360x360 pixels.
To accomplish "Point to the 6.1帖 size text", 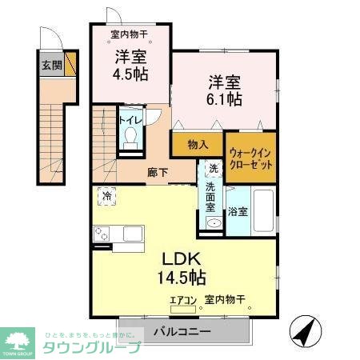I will click(225, 100).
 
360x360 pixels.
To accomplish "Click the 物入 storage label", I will click(198, 145).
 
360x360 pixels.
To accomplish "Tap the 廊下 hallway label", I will click(157, 171).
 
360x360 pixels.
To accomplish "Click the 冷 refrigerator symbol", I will click(106, 195).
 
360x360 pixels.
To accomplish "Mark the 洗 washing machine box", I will click(212, 169).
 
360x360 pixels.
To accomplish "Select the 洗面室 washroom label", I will click(210, 196).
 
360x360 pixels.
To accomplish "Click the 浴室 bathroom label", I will click(238, 211).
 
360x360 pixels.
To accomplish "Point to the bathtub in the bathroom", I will click(262, 210).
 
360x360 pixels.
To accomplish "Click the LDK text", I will click(186, 259).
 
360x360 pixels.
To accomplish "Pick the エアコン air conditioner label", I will click(182, 301).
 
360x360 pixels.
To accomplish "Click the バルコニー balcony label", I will click(182, 330).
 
